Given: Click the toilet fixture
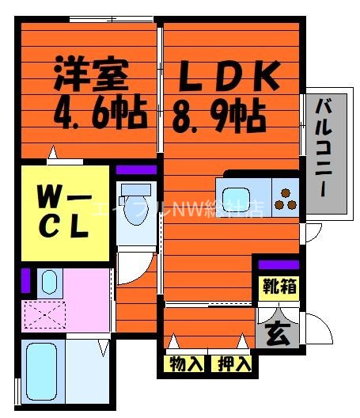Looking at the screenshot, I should (x=136, y=204).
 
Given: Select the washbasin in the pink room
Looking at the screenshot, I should (x=48, y=281).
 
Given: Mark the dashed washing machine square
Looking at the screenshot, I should (x=43, y=316).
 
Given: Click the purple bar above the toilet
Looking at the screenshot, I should (x=137, y=169).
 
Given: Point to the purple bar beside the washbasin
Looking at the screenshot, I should (x=26, y=281).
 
